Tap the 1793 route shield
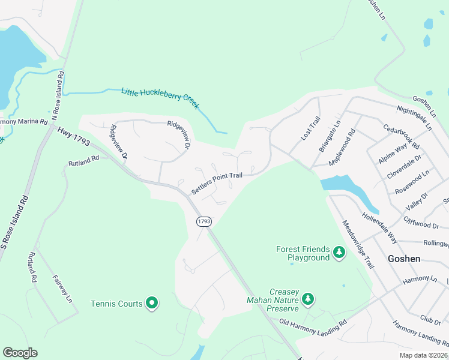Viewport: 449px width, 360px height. [204, 221]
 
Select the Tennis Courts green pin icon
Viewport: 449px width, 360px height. [152, 304]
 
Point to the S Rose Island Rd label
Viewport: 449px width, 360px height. [14, 222]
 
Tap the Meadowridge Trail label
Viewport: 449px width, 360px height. [358, 243]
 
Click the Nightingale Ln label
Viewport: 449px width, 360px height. [414, 118]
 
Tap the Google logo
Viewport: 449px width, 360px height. [20, 353]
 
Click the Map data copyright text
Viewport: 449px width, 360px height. [423, 355]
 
